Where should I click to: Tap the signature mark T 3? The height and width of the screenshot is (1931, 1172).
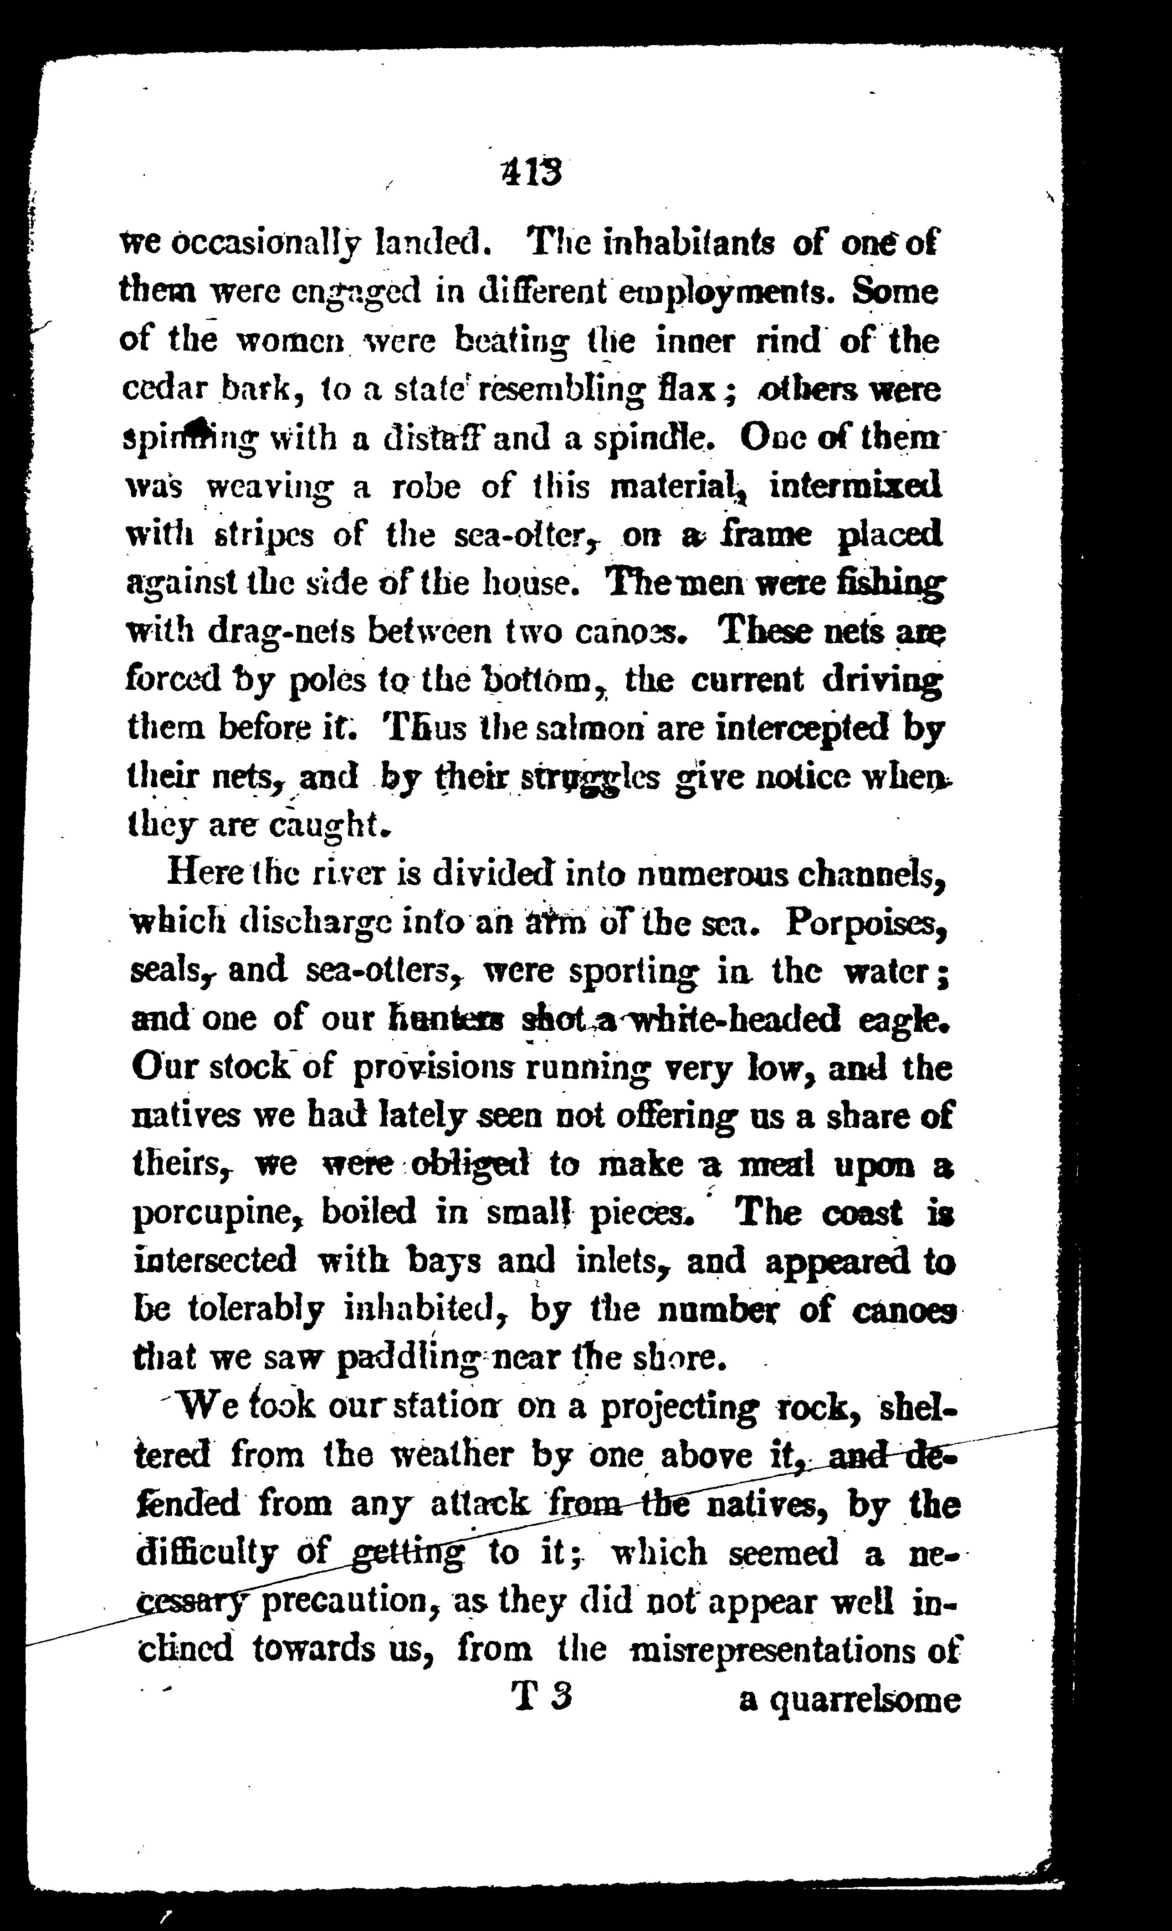542,1697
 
